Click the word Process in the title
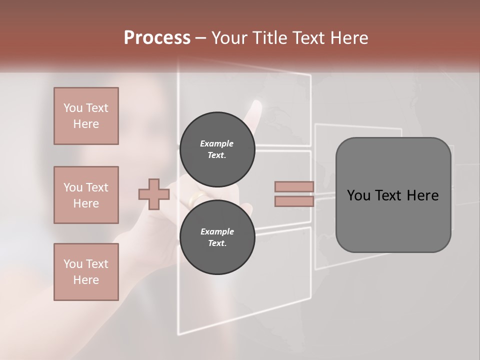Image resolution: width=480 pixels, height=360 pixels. (157, 38)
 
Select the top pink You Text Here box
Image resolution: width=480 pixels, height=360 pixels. (86, 116)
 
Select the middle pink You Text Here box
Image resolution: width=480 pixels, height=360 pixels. (86, 195)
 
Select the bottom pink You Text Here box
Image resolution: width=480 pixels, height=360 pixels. (86, 271)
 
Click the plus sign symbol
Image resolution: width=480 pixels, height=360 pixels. (153, 194)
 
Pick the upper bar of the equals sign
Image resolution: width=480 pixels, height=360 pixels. (294, 186)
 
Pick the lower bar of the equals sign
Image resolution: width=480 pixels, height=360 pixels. (294, 201)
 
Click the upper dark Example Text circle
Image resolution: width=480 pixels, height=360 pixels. (217, 149)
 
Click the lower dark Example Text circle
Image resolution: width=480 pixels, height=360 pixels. (217, 237)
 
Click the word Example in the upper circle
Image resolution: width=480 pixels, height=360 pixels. (217, 143)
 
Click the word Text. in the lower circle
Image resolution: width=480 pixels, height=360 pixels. (217, 243)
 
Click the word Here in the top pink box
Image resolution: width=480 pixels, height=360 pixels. (86, 124)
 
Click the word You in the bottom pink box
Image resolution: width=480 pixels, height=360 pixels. (72, 264)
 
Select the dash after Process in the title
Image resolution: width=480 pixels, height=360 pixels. (201, 38)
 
